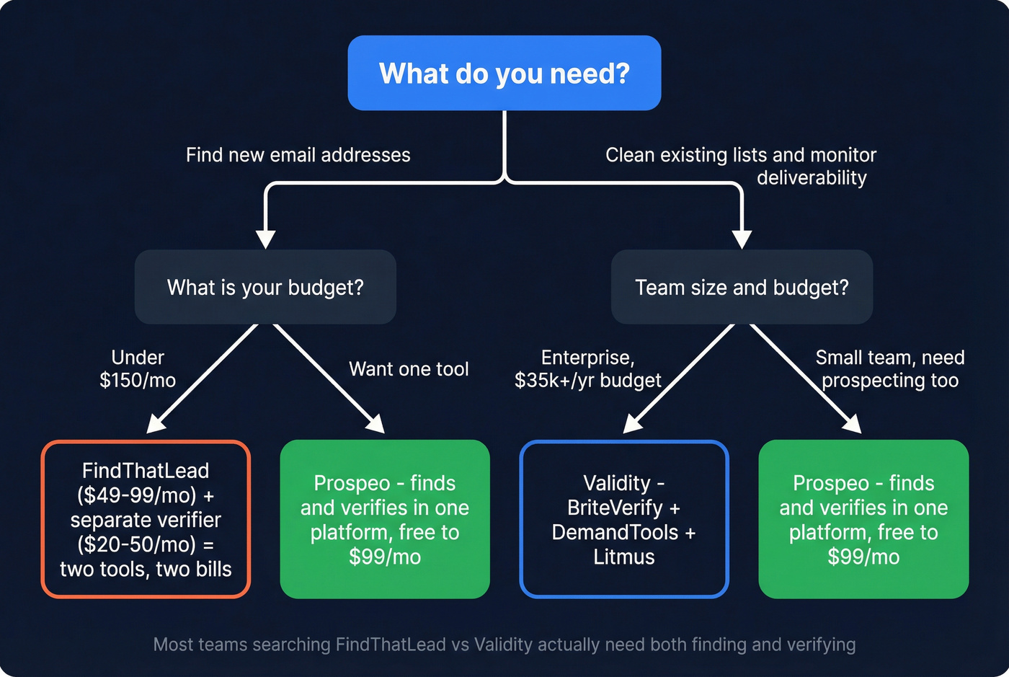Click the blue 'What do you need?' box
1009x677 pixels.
(x=504, y=73)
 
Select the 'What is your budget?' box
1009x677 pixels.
(x=265, y=287)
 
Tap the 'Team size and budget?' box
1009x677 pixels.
(x=742, y=287)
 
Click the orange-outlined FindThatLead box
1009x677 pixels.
(x=146, y=519)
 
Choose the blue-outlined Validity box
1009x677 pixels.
(x=623, y=519)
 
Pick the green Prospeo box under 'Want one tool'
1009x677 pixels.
(x=385, y=519)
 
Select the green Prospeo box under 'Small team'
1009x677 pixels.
(x=863, y=519)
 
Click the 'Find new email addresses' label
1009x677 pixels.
(x=298, y=155)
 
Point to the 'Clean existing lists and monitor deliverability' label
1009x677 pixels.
(x=741, y=166)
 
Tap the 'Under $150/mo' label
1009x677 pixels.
(x=138, y=368)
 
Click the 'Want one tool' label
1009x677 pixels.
(x=409, y=369)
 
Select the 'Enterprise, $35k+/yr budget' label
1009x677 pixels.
(x=587, y=368)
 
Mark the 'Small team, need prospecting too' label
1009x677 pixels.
(x=889, y=368)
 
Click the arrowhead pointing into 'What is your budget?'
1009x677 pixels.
(x=266, y=239)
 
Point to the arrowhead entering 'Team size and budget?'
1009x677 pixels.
(x=742, y=239)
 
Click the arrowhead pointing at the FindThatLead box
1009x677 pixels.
(x=156, y=425)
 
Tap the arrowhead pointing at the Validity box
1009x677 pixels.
(x=632, y=425)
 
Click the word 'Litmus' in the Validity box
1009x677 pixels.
(x=623, y=557)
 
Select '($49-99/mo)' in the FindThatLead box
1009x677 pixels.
(x=137, y=495)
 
